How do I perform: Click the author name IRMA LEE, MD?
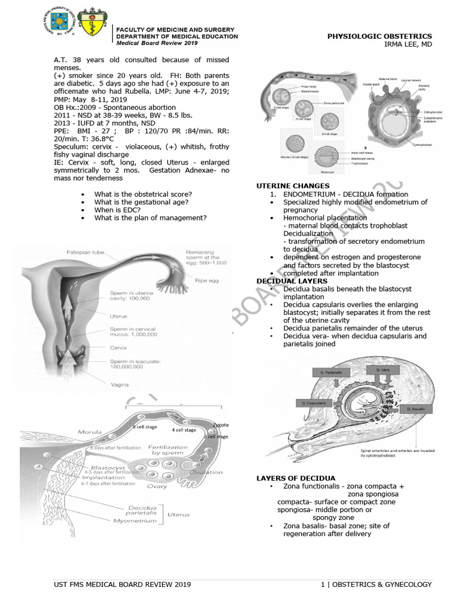(x=408, y=44)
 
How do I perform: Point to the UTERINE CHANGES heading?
(x=292, y=186)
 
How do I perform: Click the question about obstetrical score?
(x=143, y=194)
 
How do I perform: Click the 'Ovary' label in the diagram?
(x=157, y=486)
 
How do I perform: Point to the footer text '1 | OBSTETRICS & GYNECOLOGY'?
(x=376, y=585)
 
